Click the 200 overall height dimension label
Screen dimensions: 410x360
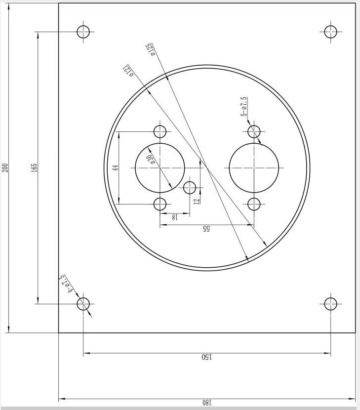[x=5, y=167]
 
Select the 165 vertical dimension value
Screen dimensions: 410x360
[x=34, y=167]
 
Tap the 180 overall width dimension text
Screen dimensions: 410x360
[x=206, y=403]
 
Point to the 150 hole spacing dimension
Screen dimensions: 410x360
[x=206, y=357]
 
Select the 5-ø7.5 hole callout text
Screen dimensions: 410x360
[x=243, y=107]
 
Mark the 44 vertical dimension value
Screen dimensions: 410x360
[x=116, y=167]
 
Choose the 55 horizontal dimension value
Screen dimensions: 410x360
[x=206, y=229]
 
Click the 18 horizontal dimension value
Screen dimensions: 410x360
[x=174, y=217]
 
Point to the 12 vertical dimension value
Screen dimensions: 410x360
[x=197, y=201]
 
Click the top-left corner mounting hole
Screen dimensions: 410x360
[x=83, y=32]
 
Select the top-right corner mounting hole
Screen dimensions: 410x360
[x=330, y=32]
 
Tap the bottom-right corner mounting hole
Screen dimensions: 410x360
[x=330, y=304]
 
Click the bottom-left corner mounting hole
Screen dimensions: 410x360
[x=83, y=304]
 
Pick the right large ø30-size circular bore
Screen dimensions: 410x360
[x=254, y=168]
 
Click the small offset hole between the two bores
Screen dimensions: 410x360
[x=190, y=188]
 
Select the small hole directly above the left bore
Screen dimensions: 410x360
[x=160, y=131]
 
